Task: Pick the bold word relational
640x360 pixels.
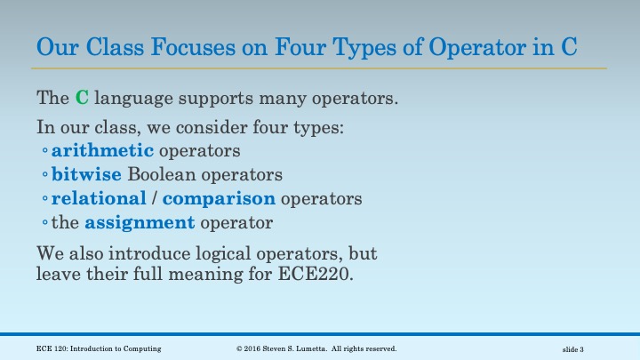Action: coord(98,197)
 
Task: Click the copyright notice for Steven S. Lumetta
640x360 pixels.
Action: coord(316,348)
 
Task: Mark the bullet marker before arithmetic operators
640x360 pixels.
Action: coord(44,149)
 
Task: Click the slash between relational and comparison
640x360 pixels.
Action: coord(154,197)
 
